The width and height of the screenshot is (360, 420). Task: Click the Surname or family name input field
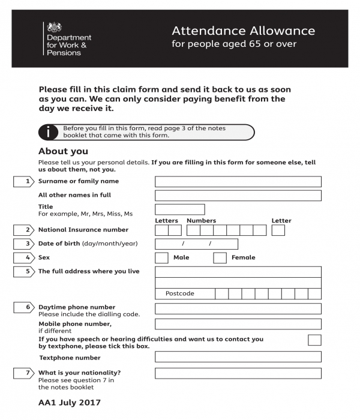click(x=238, y=181)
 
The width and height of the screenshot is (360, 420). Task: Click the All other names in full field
click(x=238, y=195)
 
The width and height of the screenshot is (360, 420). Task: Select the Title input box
click(x=179, y=209)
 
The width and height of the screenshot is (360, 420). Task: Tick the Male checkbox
click(x=161, y=258)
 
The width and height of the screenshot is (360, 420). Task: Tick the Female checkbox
click(x=220, y=258)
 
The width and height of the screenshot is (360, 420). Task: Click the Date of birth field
click(x=196, y=244)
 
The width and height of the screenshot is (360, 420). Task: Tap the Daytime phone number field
click(x=238, y=308)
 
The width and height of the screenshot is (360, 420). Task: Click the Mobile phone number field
click(x=238, y=324)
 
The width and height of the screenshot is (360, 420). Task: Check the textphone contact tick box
click(x=314, y=340)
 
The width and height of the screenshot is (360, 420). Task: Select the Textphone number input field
click(x=238, y=357)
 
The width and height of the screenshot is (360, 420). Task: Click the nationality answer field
click(x=238, y=373)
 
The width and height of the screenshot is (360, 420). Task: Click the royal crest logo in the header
click(x=55, y=28)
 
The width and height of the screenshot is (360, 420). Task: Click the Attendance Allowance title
click(x=243, y=31)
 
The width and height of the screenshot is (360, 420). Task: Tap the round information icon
click(x=47, y=132)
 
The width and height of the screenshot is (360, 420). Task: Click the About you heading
click(x=63, y=151)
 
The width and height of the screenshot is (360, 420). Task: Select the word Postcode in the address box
click(x=179, y=294)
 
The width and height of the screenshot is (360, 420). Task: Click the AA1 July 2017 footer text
click(x=70, y=403)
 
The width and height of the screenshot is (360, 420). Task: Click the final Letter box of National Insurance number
click(x=278, y=230)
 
